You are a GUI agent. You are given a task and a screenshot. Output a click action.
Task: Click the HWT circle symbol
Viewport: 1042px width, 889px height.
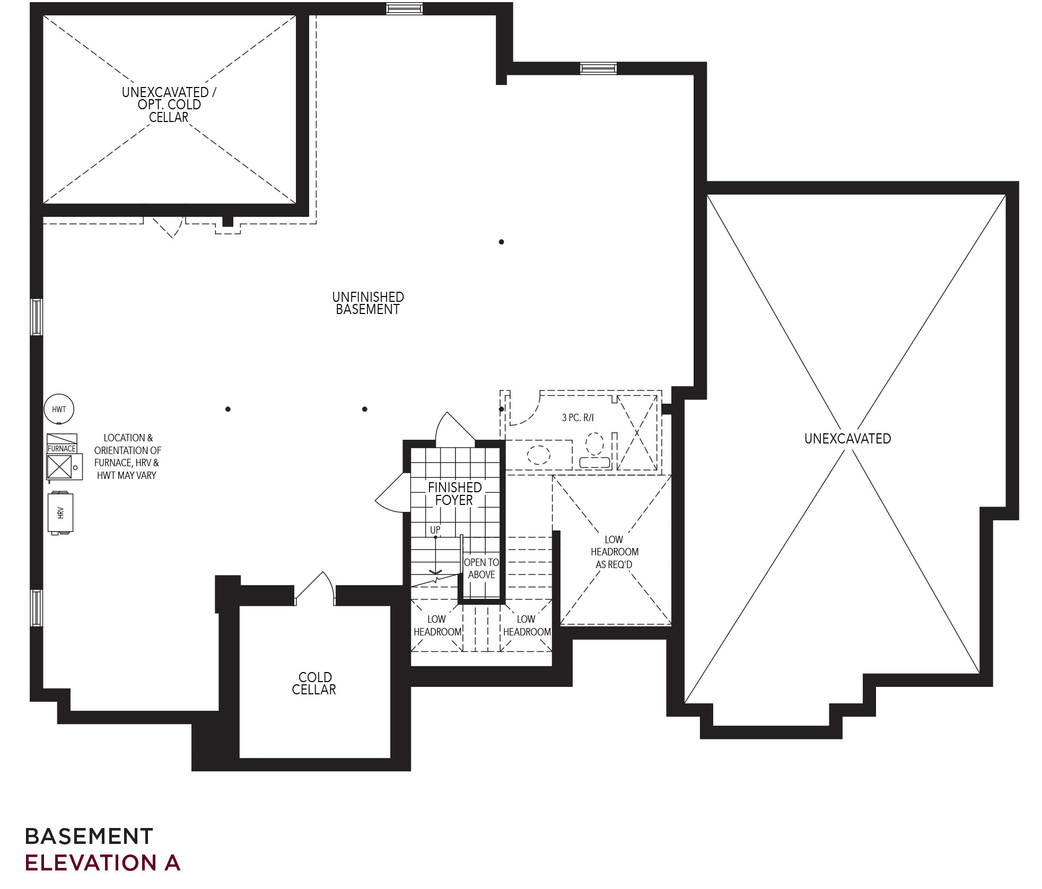coord(59,409)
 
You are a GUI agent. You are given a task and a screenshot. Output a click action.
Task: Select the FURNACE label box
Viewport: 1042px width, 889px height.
coord(62,448)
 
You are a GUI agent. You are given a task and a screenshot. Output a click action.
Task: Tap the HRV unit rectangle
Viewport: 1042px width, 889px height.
coord(60,512)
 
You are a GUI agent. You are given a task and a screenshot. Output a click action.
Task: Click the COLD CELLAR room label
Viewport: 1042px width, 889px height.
coord(314,683)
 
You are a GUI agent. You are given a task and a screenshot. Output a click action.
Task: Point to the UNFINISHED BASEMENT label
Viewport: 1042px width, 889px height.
coord(368,303)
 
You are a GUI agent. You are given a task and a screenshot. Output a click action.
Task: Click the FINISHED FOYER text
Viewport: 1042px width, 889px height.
coord(454,493)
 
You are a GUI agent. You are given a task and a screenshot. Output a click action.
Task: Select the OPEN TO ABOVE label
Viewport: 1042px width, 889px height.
coord(481,568)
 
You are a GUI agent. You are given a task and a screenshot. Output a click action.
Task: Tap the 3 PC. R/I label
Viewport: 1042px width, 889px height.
coord(578,417)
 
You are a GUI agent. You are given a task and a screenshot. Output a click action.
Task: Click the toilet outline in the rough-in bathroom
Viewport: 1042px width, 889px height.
coord(594,451)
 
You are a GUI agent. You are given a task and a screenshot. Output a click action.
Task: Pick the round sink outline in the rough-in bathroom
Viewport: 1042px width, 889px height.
coord(539,455)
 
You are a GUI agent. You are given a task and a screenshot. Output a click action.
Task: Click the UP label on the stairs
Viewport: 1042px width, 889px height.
coord(435,530)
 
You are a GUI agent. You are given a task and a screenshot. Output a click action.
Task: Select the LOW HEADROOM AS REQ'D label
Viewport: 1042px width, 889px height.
coord(614,552)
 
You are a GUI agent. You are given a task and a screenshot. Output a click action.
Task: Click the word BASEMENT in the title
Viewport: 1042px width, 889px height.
coord(89,836)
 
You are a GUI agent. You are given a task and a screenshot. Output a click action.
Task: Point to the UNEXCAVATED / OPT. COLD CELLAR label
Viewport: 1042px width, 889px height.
coord(169,104)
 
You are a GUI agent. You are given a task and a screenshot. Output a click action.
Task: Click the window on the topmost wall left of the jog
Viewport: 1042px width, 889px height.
coord(404,8)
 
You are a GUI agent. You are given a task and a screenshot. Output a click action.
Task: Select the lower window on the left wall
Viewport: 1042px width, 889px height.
coord(36,607)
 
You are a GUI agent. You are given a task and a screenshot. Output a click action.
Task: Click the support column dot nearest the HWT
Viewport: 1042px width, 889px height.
coord(228,409)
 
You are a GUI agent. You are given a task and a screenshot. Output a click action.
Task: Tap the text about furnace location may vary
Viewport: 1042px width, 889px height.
coord(127,456)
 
